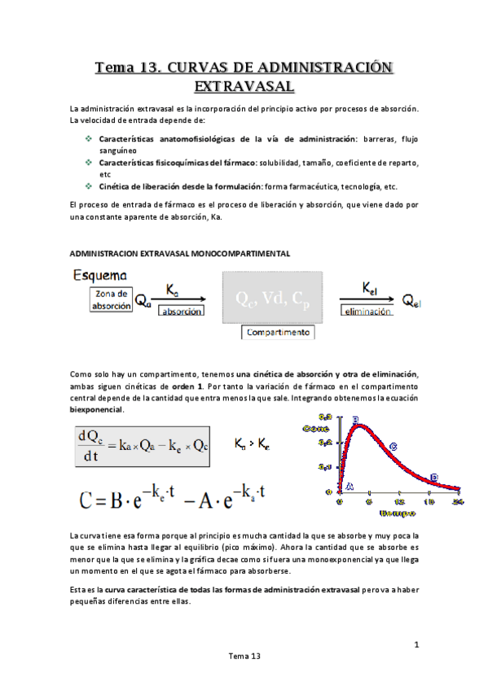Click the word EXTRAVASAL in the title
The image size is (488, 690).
pos(244,85)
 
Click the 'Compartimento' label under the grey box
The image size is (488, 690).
pos(277,333)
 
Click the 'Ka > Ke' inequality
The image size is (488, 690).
pos(253,444)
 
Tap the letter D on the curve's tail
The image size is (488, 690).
pos(433,478)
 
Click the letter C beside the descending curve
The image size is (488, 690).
pos(393,446)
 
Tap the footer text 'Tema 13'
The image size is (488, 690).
pos(244,656)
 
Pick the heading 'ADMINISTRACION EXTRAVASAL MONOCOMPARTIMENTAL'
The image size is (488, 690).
pos(180,253)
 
